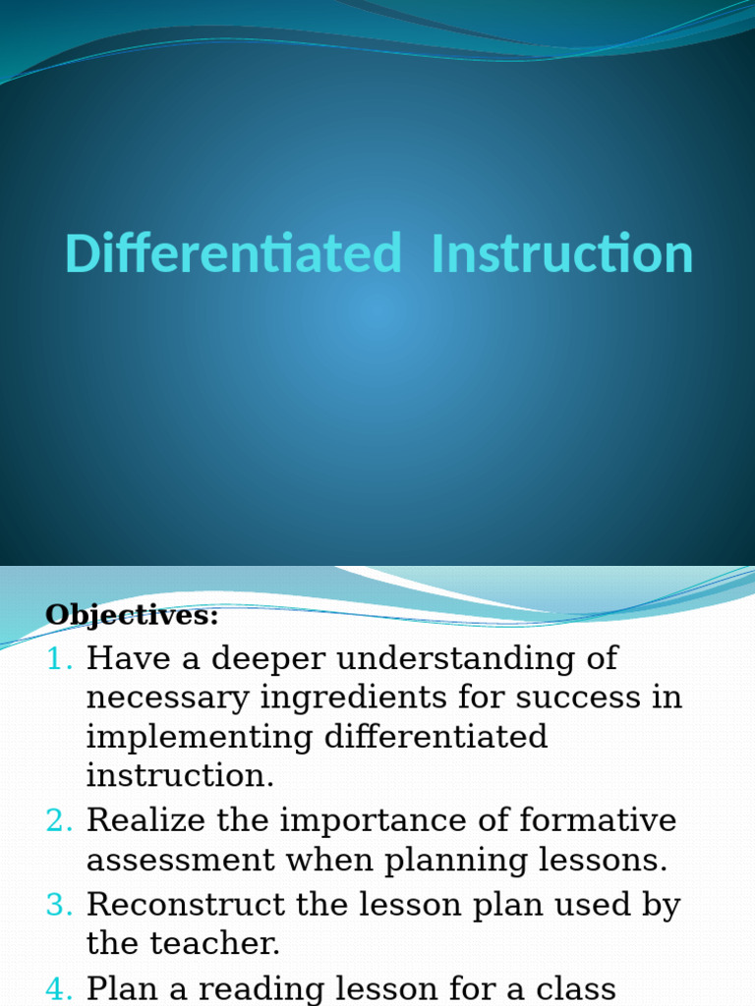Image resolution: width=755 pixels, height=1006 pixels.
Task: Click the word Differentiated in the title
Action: click(234, 253)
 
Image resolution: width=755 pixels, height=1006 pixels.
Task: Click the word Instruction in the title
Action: click(562, 253)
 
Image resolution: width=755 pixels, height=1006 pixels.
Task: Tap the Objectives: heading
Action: click(132, 616)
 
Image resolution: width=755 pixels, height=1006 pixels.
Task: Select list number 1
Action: click(60, 658)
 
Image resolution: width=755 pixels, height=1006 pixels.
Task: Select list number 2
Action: click(60, 819)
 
